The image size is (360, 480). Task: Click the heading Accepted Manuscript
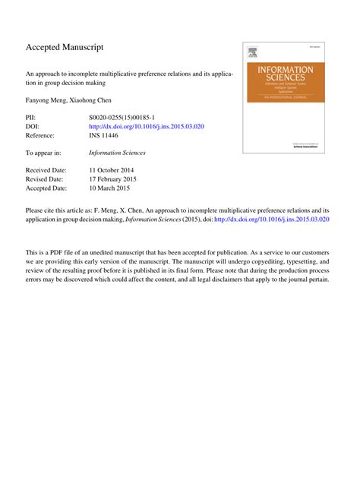65,47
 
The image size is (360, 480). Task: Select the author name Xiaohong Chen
95,101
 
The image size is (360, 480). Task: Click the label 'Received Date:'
47,170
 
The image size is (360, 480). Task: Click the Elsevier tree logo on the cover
252,52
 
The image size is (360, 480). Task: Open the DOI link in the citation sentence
272,217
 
